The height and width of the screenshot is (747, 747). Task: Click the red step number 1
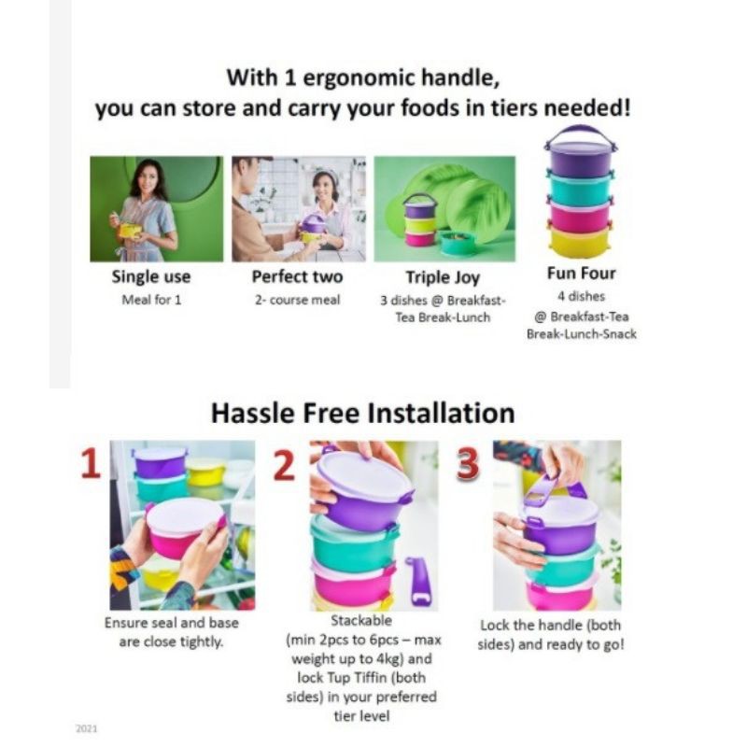click(x=91, y=463)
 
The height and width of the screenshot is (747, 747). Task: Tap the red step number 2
click(x=285, y=464)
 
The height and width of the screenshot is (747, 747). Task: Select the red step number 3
click(x=467, y=464)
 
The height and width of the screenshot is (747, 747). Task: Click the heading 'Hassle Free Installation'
click(x=363, y=413)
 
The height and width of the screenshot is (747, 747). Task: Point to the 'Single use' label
click(x=151, y=276)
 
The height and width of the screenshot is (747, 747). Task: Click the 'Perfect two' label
click(x=297, y=276)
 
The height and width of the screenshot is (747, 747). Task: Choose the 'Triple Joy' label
click(x=443, y=276)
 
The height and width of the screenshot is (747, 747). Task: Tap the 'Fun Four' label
click(x=581, y=273)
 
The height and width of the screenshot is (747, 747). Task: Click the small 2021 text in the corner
click(x=86, y=728)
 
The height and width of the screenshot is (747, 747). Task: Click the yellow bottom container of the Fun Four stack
click(x=580, y=243)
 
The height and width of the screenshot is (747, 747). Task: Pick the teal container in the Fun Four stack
click(x=580, y=188)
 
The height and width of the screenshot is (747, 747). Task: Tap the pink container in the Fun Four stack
click(x=580, y=217)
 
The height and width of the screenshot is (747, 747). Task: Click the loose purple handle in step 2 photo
click(x=418, y=581)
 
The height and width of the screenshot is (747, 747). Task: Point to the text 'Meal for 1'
click(x=151, y=300)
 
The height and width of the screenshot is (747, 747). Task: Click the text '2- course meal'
click(x=297, y=300)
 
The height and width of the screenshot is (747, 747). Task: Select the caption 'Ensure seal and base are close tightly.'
click(x=172, y=632)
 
